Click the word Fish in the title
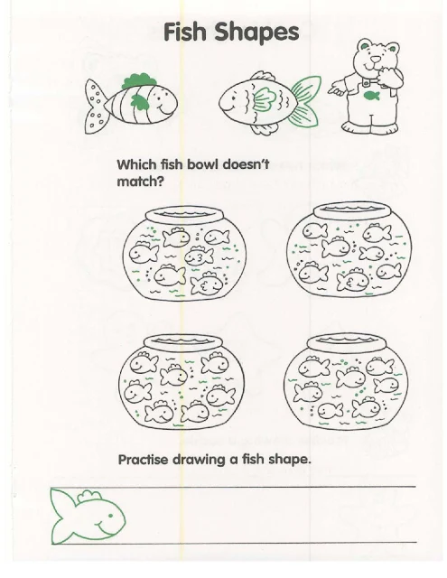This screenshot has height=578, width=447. [184, 32]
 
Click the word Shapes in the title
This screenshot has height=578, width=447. [256, 33]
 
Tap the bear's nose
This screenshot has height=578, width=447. [375, 60]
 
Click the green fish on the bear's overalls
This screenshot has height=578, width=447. [371, 96]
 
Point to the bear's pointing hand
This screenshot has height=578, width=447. [337, 89]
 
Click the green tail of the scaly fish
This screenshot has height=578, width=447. [304, 101]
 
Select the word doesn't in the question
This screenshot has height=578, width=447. [246, 164]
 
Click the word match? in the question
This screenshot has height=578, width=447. [140, 181]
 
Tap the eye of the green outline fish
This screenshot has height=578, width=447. [109, 516]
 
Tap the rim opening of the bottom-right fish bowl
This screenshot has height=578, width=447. [346, 340]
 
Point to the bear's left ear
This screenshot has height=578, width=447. [364, 45]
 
